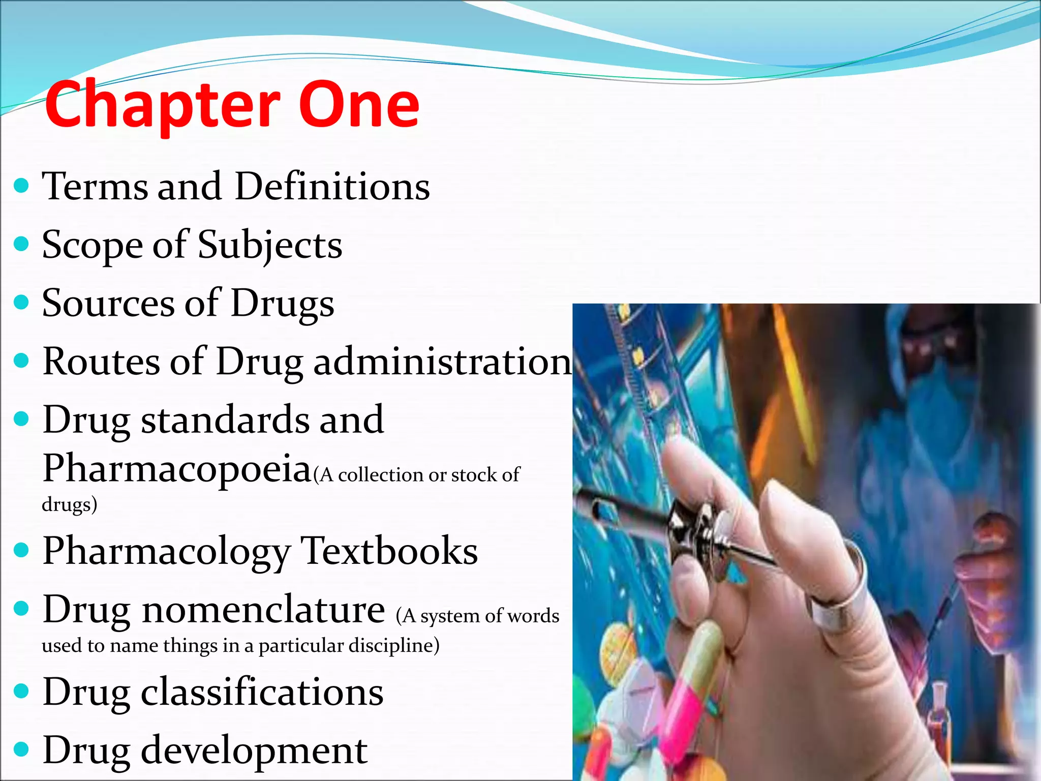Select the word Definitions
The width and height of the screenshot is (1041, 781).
[332, 187]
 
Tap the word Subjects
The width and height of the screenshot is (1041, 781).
[270, 246]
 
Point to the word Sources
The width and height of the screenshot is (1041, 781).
[108, 304]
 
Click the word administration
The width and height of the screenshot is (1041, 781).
[443, 362]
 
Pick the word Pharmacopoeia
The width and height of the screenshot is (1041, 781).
[177, 468]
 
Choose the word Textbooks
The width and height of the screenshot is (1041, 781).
[389, 551]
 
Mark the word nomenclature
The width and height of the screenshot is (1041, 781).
[263, 609]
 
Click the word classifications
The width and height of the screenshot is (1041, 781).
[262, 692]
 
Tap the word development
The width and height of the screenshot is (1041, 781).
[254, 750]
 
